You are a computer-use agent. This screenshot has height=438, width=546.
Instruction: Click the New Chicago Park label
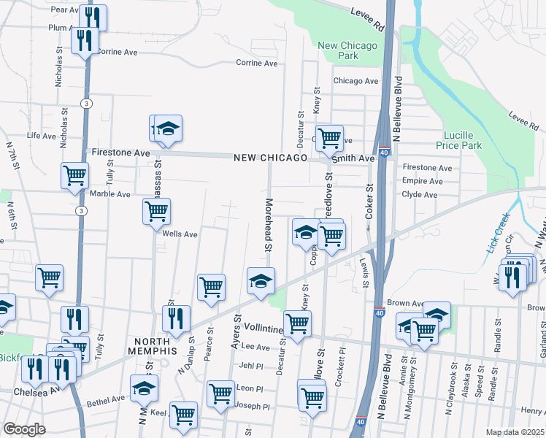(348, 50)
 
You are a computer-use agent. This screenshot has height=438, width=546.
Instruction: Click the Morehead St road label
(268, 225)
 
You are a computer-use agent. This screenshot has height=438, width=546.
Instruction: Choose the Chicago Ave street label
(355, 81)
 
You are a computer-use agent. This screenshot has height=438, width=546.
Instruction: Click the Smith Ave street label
(353, 158)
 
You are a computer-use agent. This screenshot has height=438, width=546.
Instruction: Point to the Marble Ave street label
(109, 194)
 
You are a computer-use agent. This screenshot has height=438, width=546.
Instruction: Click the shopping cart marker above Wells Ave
(156, 212)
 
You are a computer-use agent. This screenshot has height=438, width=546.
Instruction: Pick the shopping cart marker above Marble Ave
(74, 175)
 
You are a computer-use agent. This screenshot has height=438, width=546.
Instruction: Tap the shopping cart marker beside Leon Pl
(220, 393)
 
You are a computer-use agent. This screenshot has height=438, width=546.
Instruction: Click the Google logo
(24, 429)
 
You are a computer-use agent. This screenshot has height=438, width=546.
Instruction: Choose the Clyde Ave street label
(420, 195)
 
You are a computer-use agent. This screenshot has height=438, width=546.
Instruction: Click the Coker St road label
(369, 201)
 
